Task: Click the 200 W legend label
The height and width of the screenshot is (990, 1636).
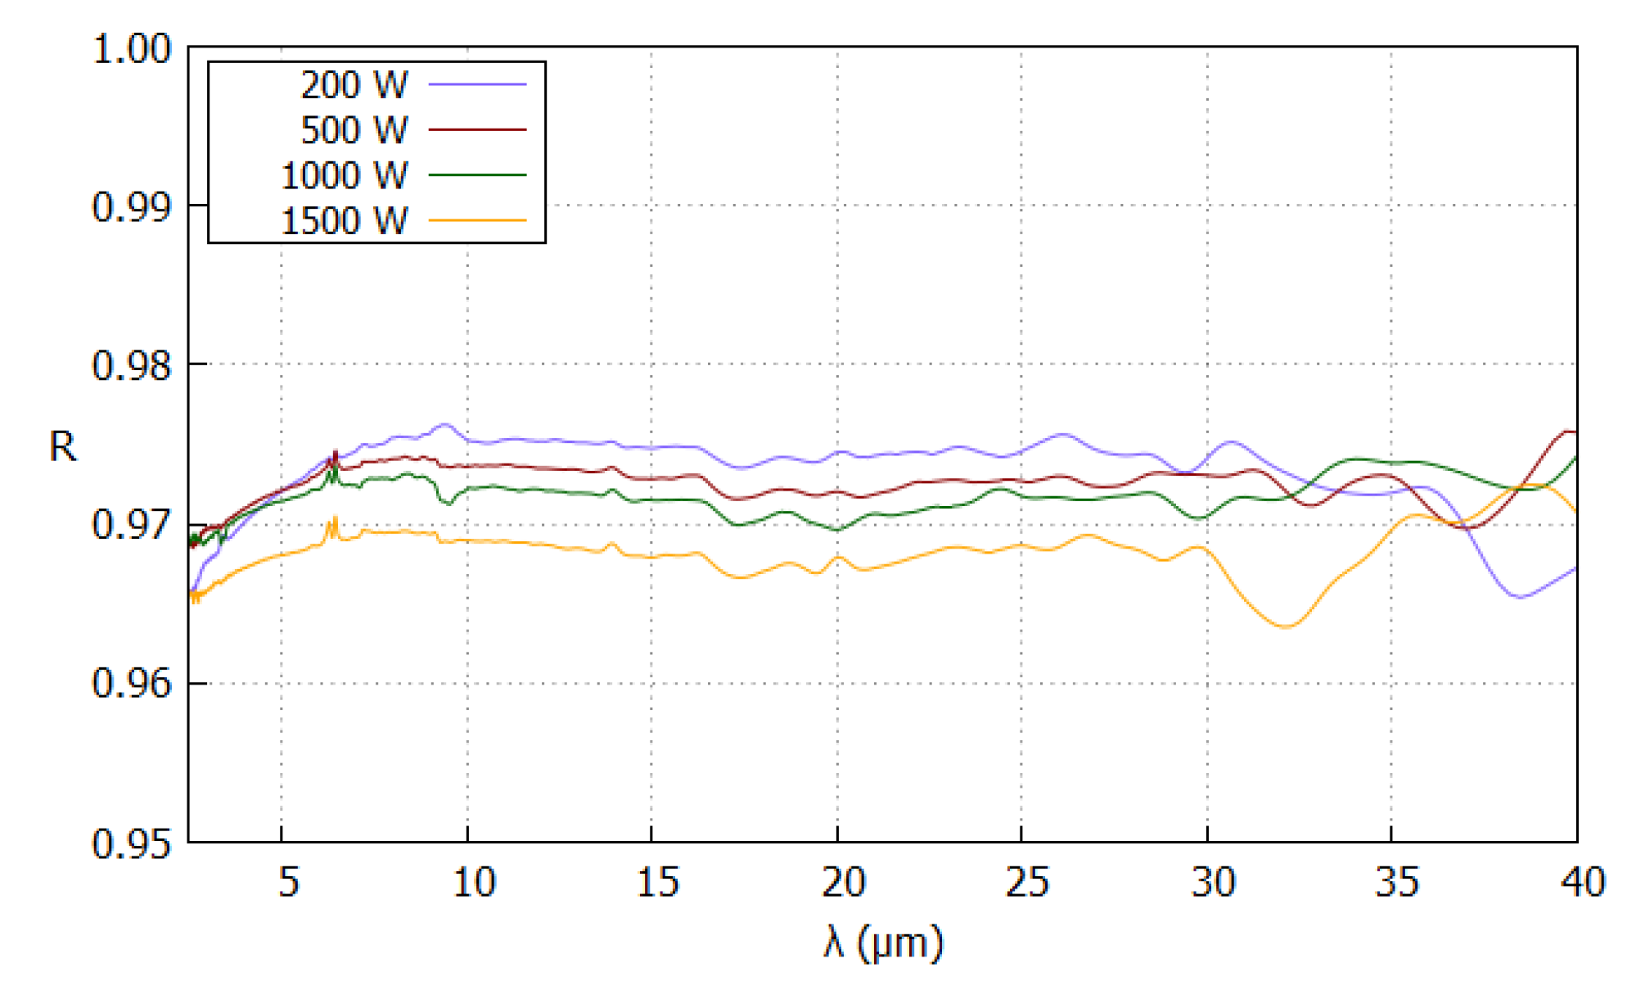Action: [x=354, y=84]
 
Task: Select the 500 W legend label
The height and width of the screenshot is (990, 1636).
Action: [x=354, y=129]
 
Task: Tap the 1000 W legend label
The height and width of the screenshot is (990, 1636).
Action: [x=344, y=175]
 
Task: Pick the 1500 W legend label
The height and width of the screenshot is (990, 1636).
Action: [x=344, y=220]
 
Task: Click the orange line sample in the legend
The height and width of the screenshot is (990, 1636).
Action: [x=477, y=220]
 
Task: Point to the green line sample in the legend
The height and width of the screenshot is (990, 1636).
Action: [x=477, y=175]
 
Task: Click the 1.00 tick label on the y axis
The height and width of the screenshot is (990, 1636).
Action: [x=132, y=49]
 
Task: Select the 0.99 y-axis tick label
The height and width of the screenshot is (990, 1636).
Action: [x=132, y=206]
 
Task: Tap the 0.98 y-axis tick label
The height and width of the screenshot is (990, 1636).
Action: [x=132, y=365]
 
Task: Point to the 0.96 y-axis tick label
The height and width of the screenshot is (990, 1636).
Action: [x=132, y=684]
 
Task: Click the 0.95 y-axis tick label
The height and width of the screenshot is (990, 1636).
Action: [x=132, y=843]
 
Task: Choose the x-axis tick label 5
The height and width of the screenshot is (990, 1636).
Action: [x=288, y=883]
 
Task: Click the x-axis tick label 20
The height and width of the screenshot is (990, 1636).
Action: [x=843, y=883]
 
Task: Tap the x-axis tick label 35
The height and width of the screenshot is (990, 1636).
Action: [x=1397, y=883]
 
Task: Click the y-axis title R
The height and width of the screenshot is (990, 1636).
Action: [x=63, y=447]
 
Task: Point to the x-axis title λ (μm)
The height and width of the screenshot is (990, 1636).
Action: [x=883, y=943]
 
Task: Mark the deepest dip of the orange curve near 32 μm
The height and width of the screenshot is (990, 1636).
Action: [x=1286, y=626]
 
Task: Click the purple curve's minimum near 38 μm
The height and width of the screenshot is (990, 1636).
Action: [x=1519, y=597]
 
